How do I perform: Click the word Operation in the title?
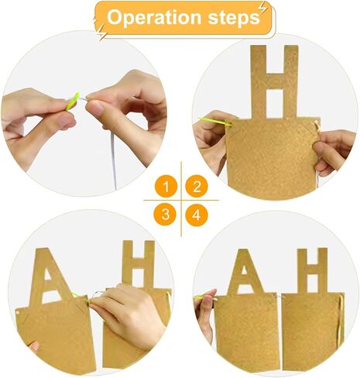[154, 18]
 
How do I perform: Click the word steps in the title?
[234, 18]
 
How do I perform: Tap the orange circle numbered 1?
[166, 187]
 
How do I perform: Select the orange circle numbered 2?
[197, 187]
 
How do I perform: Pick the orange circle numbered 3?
[166, 215]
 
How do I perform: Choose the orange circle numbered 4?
[197, 215]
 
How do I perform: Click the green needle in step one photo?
[72, 101]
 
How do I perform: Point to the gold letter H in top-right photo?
[275, 82]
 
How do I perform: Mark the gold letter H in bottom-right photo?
[313, 270]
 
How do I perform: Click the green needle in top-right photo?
[214, 121]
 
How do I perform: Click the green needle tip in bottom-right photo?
[194, 298]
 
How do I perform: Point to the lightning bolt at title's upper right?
[263, 9]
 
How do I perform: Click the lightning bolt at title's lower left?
[101, 33]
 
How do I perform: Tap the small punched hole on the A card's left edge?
[18, 312]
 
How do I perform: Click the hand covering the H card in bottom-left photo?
[129, 316]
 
